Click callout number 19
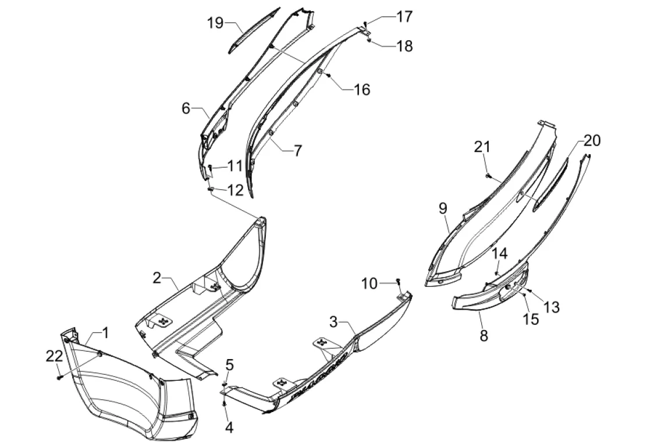click(x=216, y=23)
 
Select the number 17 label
click(x=405, y=17)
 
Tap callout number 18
click(x=405, y=46)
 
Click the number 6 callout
click(x=186, y=108)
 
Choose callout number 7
click(x=297, y=151)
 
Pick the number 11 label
click(x=234, y=166)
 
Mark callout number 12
click(x=234, y=190)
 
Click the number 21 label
click(x=482, y=147)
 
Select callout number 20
click(x=592, y=140)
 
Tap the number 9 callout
click(x=443, y=208)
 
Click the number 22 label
click(x=55, y=356)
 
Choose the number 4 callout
click(x=229, y=427)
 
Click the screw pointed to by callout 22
click(x=60, y=377)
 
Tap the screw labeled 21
click(x=488, y=173)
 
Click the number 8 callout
click(x=484, y=335)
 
